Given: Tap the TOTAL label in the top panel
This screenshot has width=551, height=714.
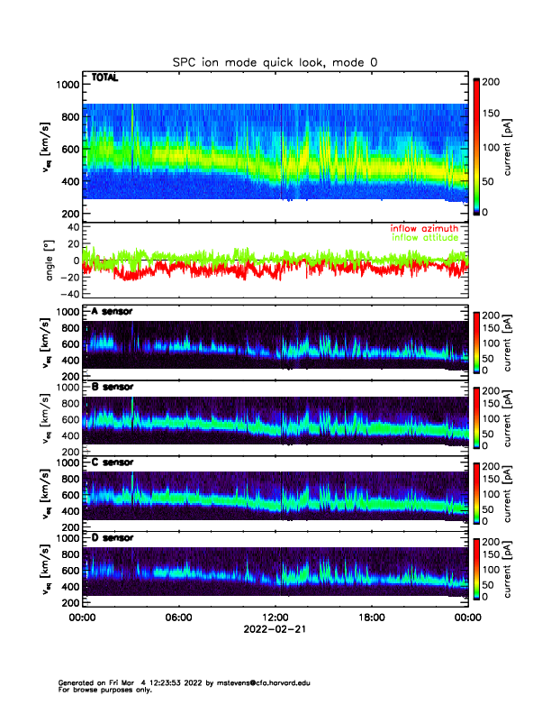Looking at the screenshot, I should coord(104,78).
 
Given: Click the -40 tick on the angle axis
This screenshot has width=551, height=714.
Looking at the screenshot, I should coord(68,294).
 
